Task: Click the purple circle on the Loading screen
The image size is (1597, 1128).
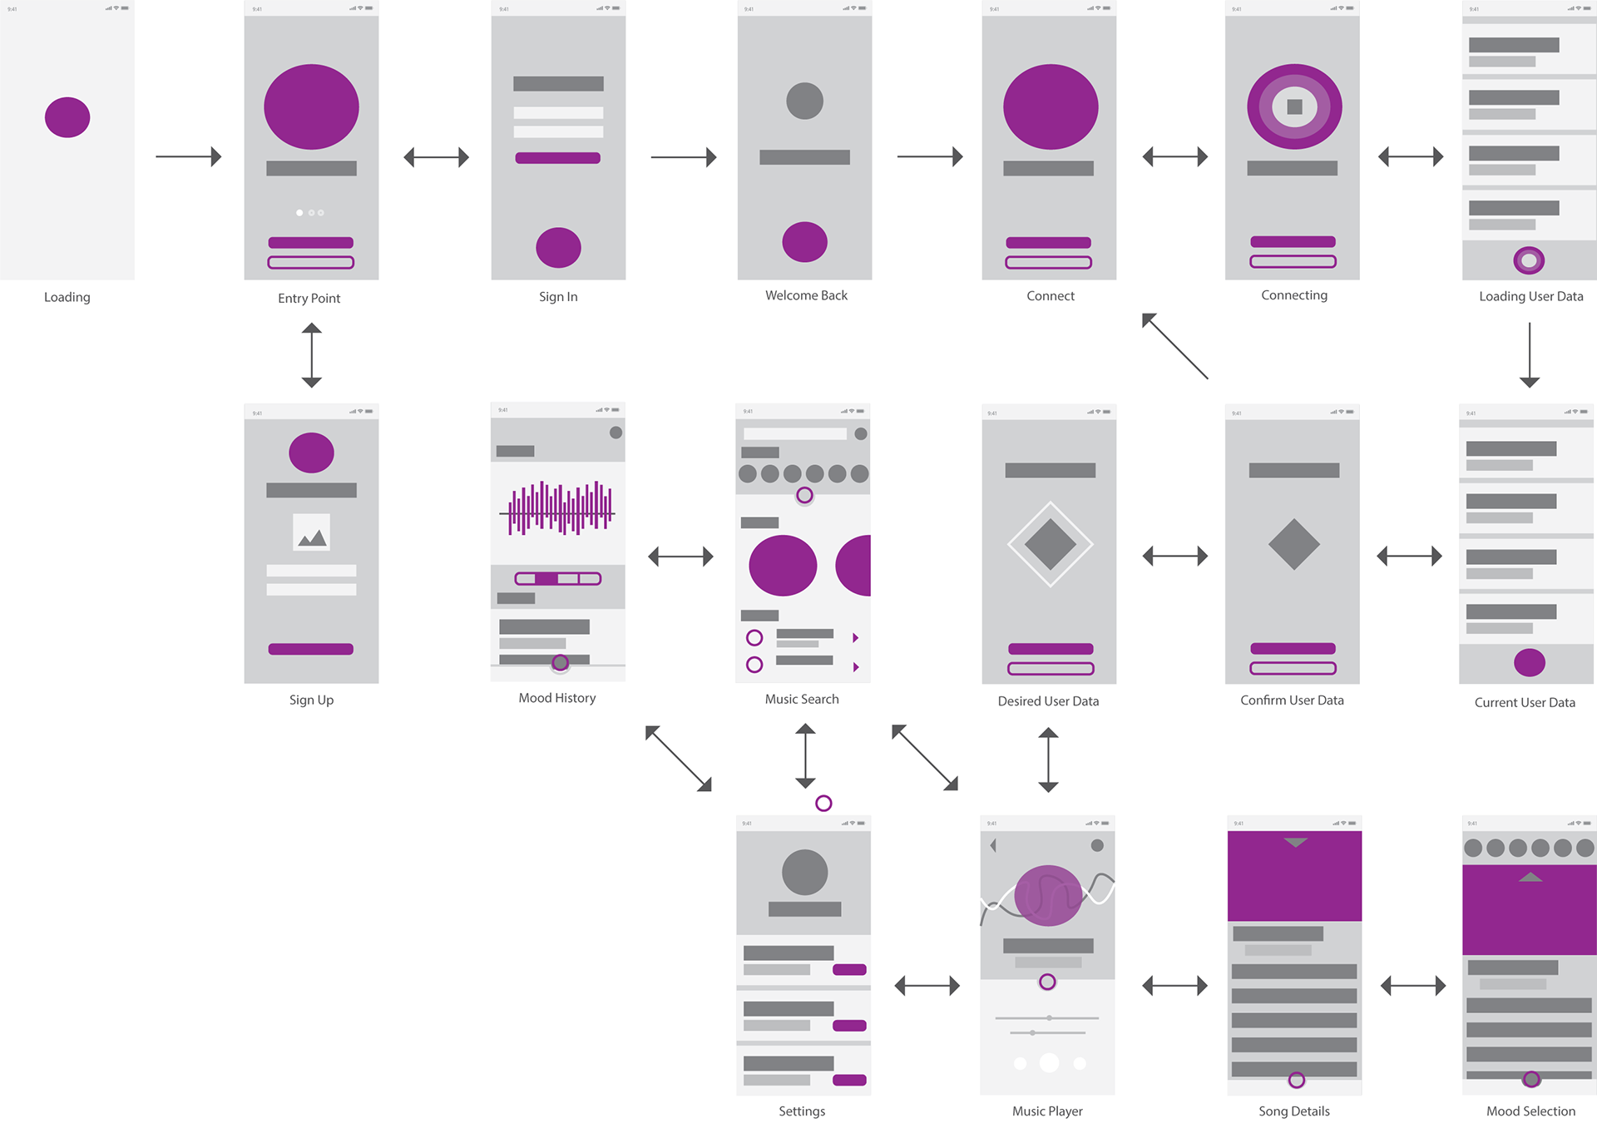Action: pos(67,117)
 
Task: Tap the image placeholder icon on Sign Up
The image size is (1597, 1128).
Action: pos(311,532)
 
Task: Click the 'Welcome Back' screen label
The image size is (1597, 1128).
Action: pos(806,295)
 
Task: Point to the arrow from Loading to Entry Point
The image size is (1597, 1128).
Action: pos(189,156)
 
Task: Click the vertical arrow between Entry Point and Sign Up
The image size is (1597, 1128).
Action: pos(312,355)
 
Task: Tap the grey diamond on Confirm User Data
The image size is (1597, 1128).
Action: pos(1293,544)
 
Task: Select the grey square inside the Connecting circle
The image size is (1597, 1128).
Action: pos(1294,106)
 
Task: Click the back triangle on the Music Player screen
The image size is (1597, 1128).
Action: pos(993,845)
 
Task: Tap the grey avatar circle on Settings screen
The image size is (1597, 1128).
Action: pos(804,872)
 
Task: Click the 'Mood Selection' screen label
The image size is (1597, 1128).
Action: pos(1530,1111)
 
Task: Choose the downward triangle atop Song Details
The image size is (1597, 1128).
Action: pos(1295,843)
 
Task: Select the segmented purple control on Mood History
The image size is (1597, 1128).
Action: pos(558,578)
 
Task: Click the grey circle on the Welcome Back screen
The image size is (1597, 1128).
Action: pos(804,101)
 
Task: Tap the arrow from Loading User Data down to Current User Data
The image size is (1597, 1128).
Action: pos(1529,355)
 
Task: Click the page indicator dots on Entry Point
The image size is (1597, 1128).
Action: pos(310,213)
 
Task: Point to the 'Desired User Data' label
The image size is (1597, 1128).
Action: pos(1048,701)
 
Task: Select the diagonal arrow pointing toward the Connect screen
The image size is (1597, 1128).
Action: pos(1174,346)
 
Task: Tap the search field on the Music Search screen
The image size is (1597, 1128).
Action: pos(794,433)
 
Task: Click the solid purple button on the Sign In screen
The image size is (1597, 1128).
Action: pos(557,158)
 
